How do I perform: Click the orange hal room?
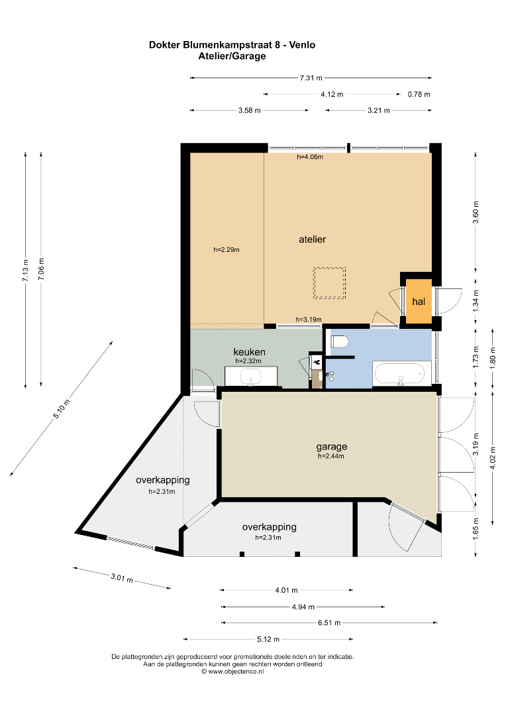pos(419,301)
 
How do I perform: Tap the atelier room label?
pos(312,239)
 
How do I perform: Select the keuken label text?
pos(249,351)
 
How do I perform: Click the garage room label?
pos(332,447)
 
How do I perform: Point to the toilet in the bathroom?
pos(340,341)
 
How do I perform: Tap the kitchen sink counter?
pos(251,377)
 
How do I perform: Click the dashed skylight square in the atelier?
pos(329,283)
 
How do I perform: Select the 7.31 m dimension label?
pos(311,78)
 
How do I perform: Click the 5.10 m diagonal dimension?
pos(61,408)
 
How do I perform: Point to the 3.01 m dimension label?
pos(122,578)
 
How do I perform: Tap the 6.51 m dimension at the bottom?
pos(329,623)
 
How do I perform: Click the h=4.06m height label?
pos(310,157)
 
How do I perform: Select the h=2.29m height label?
pos(227,250)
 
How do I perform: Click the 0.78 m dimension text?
pos(419,95)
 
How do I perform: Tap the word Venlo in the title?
pos(302,45)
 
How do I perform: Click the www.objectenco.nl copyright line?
pos(232,671)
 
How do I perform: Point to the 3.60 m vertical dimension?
pos(476,212)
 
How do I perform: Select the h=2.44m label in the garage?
pos(330,455)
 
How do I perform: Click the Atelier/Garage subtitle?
pos(232,56)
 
